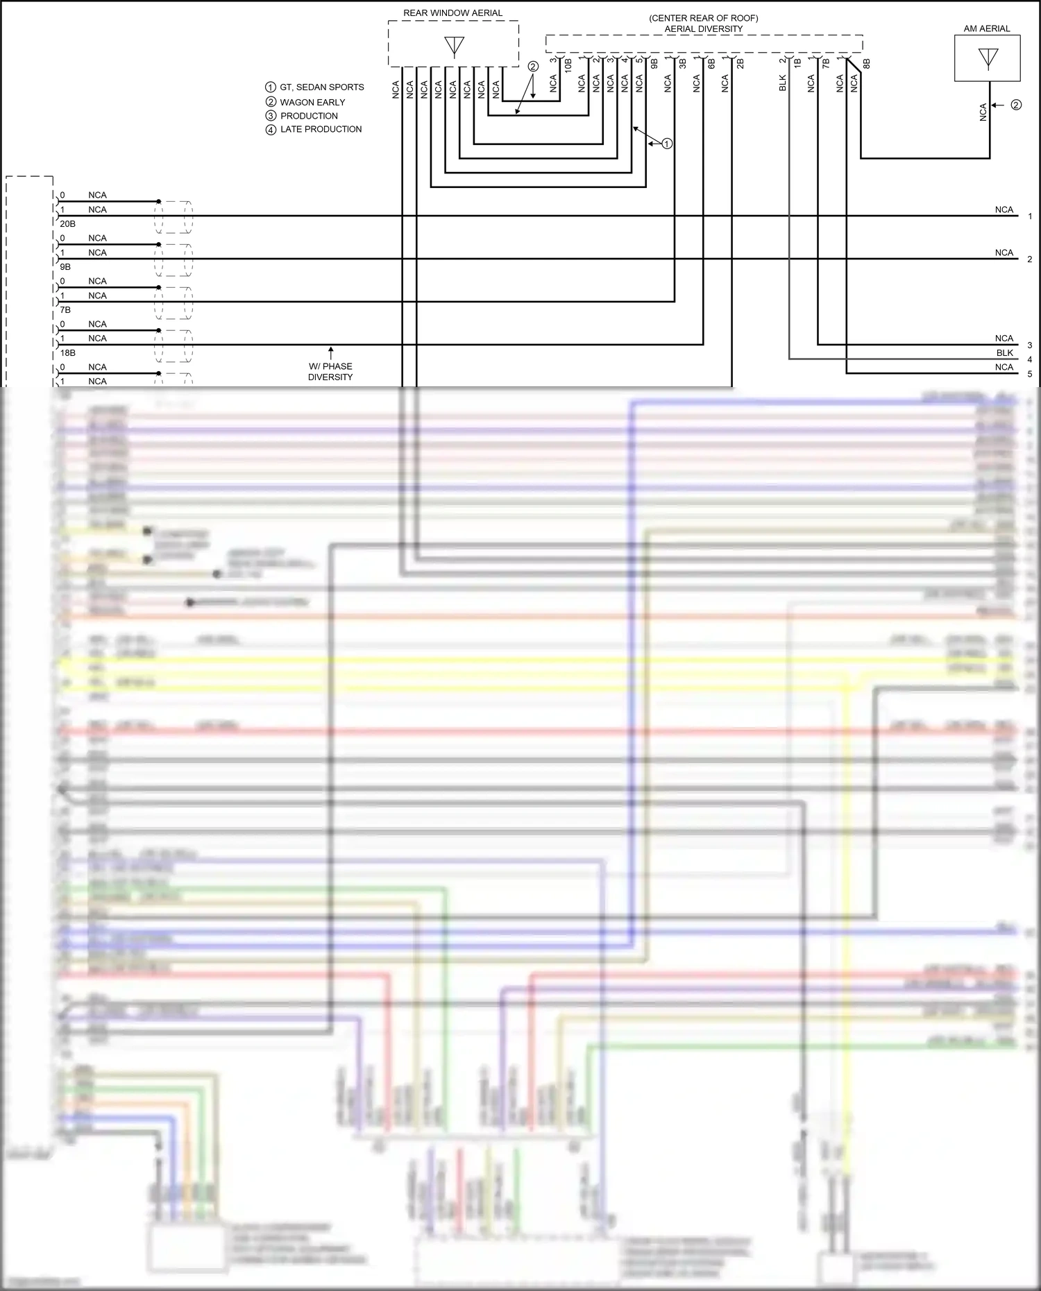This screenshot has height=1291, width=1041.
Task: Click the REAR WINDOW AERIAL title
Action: [452, 13]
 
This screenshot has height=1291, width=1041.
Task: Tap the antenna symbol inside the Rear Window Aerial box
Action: [454, 46]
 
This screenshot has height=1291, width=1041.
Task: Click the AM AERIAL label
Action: [987, 28]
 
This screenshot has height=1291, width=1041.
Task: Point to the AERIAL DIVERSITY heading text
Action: [704, 29]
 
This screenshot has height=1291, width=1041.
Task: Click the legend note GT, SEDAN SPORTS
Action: [321, 87]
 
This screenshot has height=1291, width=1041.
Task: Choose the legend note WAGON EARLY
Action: [312, 102]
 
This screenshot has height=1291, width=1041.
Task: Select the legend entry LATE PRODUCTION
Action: [321, 129]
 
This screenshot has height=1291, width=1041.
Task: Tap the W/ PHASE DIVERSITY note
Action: [330, 372]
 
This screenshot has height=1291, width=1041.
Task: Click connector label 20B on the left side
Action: [67, 224]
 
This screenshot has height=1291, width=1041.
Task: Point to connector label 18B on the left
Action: [67, 353]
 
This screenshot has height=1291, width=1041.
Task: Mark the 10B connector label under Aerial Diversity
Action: [568, 66]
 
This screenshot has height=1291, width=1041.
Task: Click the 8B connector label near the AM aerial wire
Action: [867, 64]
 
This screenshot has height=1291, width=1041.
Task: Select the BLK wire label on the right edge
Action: [1004, 353]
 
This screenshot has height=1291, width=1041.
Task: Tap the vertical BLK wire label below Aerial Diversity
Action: [783, 83]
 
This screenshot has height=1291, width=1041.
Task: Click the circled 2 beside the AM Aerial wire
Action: [1016, 105]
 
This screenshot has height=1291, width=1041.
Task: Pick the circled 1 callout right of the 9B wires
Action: [667, 144]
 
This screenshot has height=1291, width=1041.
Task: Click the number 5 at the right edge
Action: [1030, 374]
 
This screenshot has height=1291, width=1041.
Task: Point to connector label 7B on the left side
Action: [65, 310]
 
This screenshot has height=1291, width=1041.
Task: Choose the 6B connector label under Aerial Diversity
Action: [711, 63]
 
